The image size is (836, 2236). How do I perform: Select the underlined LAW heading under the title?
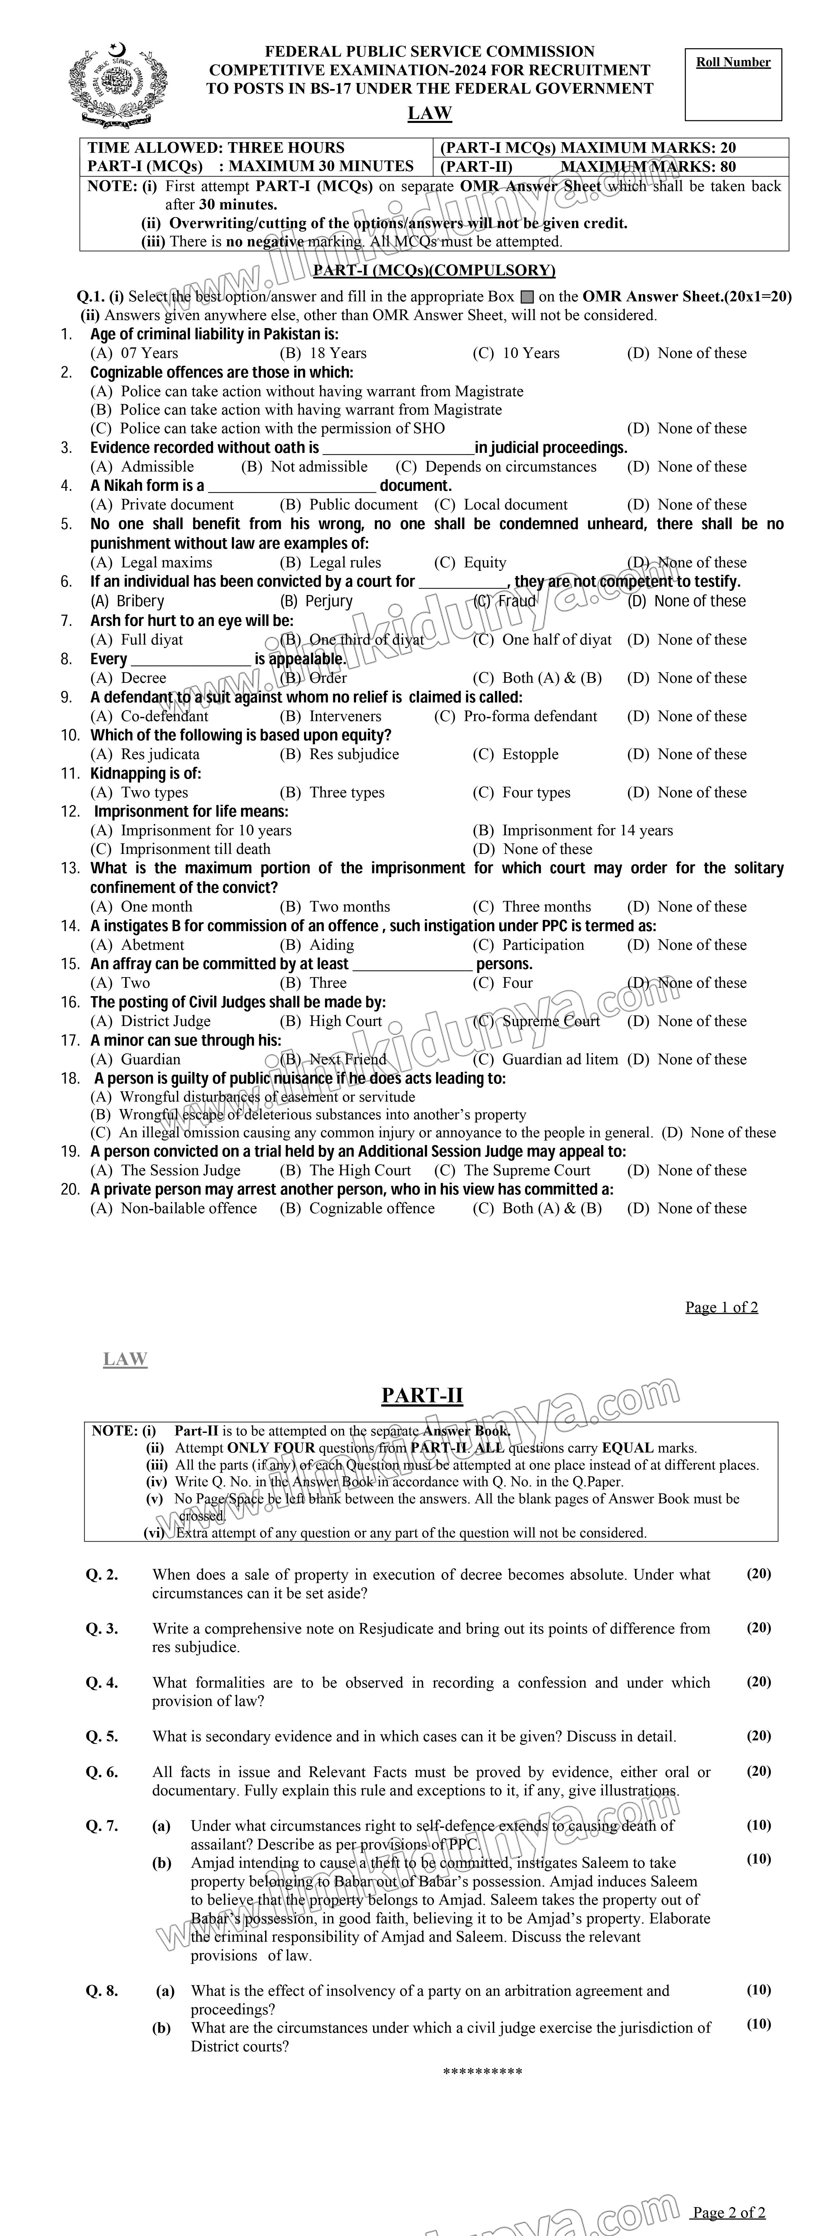(430, 113)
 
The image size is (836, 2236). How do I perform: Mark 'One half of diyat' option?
(556, 640)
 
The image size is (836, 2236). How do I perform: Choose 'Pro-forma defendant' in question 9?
(529, 716)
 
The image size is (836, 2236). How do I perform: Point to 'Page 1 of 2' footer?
(721, 1307)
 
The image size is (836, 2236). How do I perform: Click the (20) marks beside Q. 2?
(759, 1574)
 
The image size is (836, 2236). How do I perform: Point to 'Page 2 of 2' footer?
(728, 2213)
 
